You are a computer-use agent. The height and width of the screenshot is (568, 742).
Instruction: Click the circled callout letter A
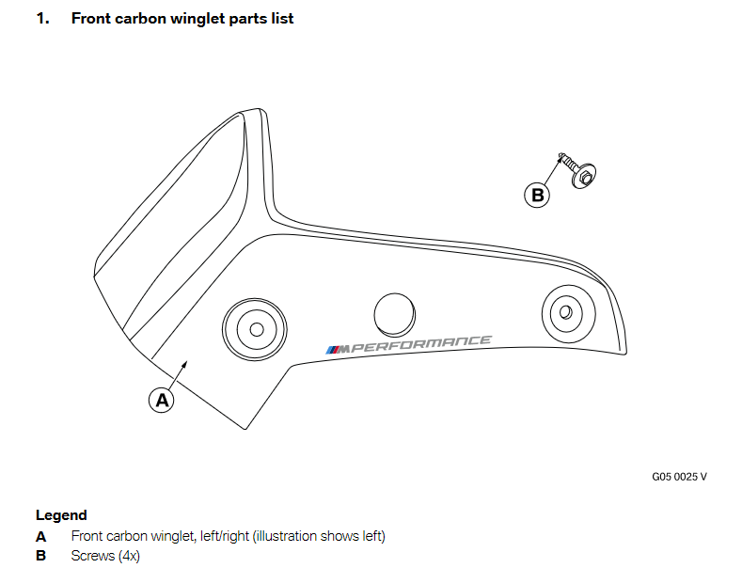(162, 400)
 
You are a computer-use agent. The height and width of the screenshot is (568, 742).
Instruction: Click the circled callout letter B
(537, 195)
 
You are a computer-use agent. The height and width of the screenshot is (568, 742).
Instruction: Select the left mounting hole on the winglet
(253, 329)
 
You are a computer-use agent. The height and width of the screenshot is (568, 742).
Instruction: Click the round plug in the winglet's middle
(394, 312)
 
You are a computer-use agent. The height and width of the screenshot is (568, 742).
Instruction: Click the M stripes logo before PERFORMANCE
(335, 349)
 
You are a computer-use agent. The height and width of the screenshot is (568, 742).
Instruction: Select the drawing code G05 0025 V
(679, 476)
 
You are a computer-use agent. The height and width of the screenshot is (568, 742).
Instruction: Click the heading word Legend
(61, 515)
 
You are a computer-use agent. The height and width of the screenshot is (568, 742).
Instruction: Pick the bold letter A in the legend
(40, 536)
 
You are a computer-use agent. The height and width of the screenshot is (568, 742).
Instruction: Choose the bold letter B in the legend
(40, 556)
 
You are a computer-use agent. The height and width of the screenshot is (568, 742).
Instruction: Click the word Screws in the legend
(91, 556)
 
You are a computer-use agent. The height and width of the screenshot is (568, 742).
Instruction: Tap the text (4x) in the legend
(127, 556)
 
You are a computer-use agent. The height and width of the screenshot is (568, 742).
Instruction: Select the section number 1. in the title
(42, 18)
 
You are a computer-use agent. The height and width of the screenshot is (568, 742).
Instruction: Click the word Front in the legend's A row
(87, 536)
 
